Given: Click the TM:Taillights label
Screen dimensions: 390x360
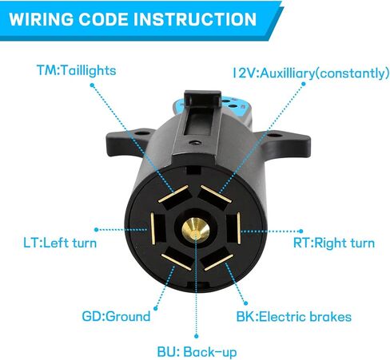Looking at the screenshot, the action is pyautogui.click(x=77, y=71).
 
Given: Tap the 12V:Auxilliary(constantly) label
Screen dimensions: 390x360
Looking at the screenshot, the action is pyautogui.click(x=311, y=73).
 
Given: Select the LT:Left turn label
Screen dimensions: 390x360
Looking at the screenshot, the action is pyautogui.click(x=60, y=243).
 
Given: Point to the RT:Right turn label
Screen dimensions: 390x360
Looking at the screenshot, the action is pyautogui.click(x=334, y=243).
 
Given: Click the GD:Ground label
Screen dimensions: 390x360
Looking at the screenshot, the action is pyautogui.click(x=116, y=316).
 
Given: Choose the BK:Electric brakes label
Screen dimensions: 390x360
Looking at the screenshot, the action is pyautogui.click(x=294, y=317).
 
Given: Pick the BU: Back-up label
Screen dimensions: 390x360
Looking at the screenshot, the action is pyautogui.click(x=197, y=352).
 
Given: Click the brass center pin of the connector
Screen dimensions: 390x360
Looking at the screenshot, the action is pyautogui.click(x=196, y=230).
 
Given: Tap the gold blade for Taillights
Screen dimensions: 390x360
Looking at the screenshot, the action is pyautogui.click(x=173, y=194).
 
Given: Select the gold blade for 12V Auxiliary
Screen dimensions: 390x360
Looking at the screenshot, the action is pyautogui.click(x=216, y=194).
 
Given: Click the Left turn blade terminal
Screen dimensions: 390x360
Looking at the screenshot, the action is pyautogui.click(x=153, y=228).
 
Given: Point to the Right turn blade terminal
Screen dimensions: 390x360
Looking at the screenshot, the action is pyautogui.click(x=239, y=228).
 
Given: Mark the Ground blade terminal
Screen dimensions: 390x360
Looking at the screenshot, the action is pyautogui.click(x=176, y=262).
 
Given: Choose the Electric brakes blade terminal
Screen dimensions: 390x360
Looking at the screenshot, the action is pyautogui.click(x=219, y=263).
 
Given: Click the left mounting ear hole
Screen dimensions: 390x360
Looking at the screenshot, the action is pyautogui.click(x=140, y=133).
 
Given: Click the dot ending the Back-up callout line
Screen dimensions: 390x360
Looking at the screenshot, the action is pyautogui.click(x=197, y=337).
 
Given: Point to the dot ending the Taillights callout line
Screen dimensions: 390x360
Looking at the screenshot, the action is pyautogui.click(x=92, y=85).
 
